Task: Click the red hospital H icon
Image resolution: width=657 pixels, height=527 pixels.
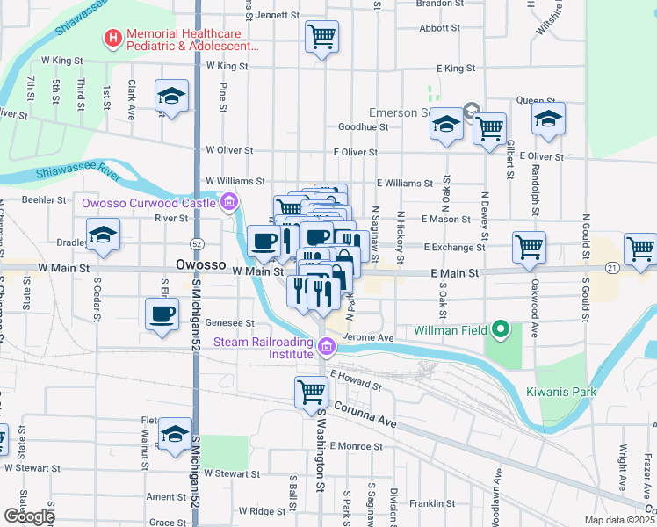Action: click(x=112, y=38)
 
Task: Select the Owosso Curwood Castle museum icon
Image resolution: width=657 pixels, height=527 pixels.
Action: click(x=229, y=204)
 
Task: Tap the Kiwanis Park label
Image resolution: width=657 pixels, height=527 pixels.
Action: click(x=561, y=392)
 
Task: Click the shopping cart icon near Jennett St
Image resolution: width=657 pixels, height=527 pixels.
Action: click(x=322, y=37)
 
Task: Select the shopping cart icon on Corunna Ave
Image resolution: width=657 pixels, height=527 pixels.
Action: click(x=312, y=392)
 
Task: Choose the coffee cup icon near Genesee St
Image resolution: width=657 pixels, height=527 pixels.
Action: click(x=162, y=314)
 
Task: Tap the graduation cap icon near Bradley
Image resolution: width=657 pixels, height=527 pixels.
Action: click(x=104, y=235)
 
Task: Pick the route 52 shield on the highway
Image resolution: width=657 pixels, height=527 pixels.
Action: click(x=197, y=242)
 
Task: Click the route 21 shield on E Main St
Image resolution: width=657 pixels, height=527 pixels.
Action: click(x=612, y=267)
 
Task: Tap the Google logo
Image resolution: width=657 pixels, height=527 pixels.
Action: click(x=28, y=516)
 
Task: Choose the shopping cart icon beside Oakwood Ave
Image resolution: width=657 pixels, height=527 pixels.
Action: click(x=529, y=247)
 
